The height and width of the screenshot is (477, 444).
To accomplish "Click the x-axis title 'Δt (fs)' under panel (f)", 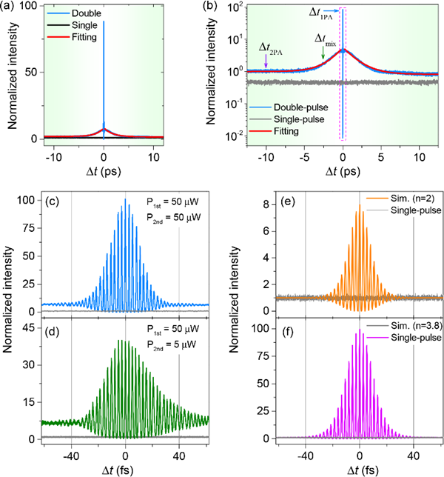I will pyautogui.click(x=359, y=467).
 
